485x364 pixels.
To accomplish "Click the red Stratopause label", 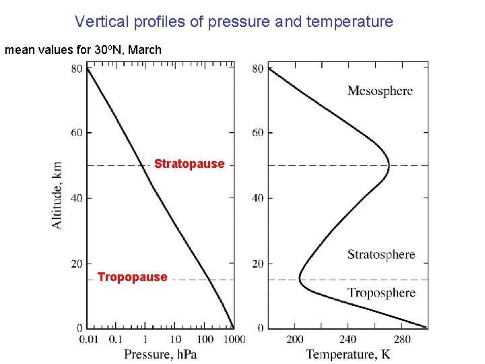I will pos(189,164).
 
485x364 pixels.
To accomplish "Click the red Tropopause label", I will pos(132,277).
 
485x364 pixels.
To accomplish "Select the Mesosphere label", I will pos(380,91).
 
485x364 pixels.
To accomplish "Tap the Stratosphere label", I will pos(381,255).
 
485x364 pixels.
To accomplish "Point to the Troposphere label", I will pos(381,293).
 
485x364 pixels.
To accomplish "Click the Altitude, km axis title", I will pos(58,194).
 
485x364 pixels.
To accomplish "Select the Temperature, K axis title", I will pos(348,354).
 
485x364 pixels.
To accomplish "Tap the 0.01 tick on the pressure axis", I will pos(90,339).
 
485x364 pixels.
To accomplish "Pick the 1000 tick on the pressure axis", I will pos(234,339).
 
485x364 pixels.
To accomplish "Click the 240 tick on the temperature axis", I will pos(348,339).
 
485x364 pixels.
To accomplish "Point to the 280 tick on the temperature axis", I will pos(401,339).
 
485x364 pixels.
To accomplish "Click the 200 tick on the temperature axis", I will pos(295,339).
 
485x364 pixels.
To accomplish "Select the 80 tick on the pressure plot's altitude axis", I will pos(77,68).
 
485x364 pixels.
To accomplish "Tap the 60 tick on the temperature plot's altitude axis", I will pos(258,133).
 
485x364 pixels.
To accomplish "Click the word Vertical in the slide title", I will pos(97,22).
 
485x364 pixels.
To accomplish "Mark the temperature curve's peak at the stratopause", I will pos(389,164).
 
